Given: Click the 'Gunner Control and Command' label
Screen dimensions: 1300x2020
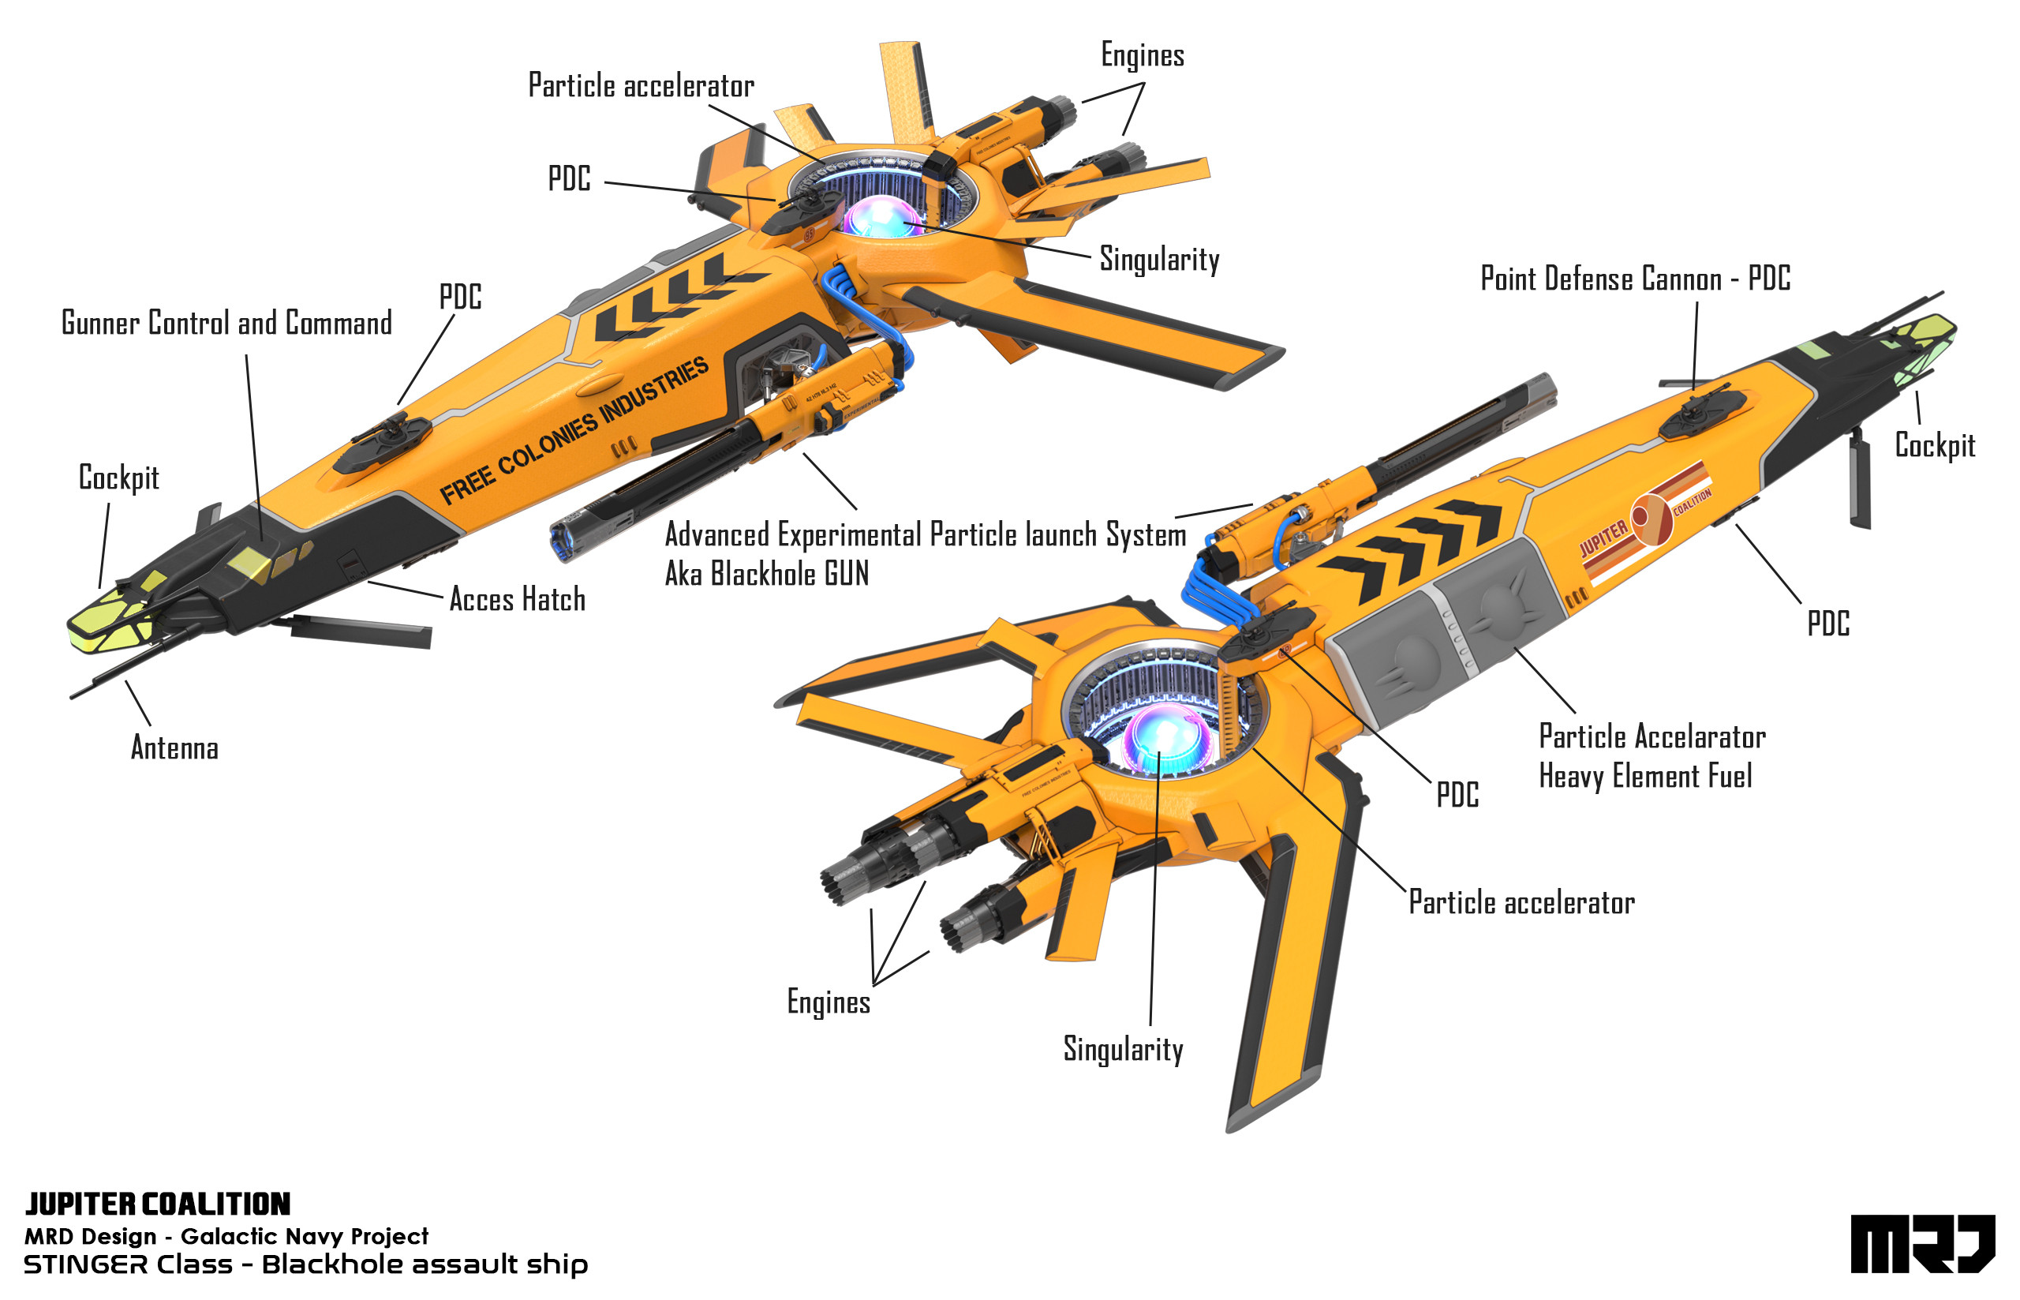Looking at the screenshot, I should [x=226, y=324].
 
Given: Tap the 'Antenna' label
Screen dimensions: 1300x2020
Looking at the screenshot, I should [x=174, y=748].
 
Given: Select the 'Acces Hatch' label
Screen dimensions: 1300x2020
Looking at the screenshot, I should [x=516, y=599].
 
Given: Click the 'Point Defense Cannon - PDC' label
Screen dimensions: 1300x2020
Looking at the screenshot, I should [x=1634, y=279].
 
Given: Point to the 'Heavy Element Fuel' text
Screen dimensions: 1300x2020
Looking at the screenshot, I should [x=1644, y=776].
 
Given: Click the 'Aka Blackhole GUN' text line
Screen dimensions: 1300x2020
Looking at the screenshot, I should [x=766, y=574].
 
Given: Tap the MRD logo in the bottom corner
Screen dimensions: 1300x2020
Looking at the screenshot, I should [x=1921, y=1243].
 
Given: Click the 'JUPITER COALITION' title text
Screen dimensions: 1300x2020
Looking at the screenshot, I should [x=158, y=1204].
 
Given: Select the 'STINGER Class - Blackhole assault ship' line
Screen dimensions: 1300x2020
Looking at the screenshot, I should [x=305, y=1264].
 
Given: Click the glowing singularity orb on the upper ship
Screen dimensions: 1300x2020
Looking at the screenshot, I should [x=881, y=217].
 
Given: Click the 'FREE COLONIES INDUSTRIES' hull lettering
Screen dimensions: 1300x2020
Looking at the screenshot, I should [x=574, y=430].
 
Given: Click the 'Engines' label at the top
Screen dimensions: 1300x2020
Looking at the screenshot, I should [x=1142, y=56].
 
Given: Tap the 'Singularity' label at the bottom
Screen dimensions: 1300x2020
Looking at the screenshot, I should [x=1122, y=1049].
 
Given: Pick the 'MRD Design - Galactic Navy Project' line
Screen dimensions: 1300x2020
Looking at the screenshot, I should [x=226, y=1236].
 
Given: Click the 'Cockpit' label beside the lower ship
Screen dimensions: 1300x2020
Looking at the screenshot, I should [x=1934, y=445].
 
